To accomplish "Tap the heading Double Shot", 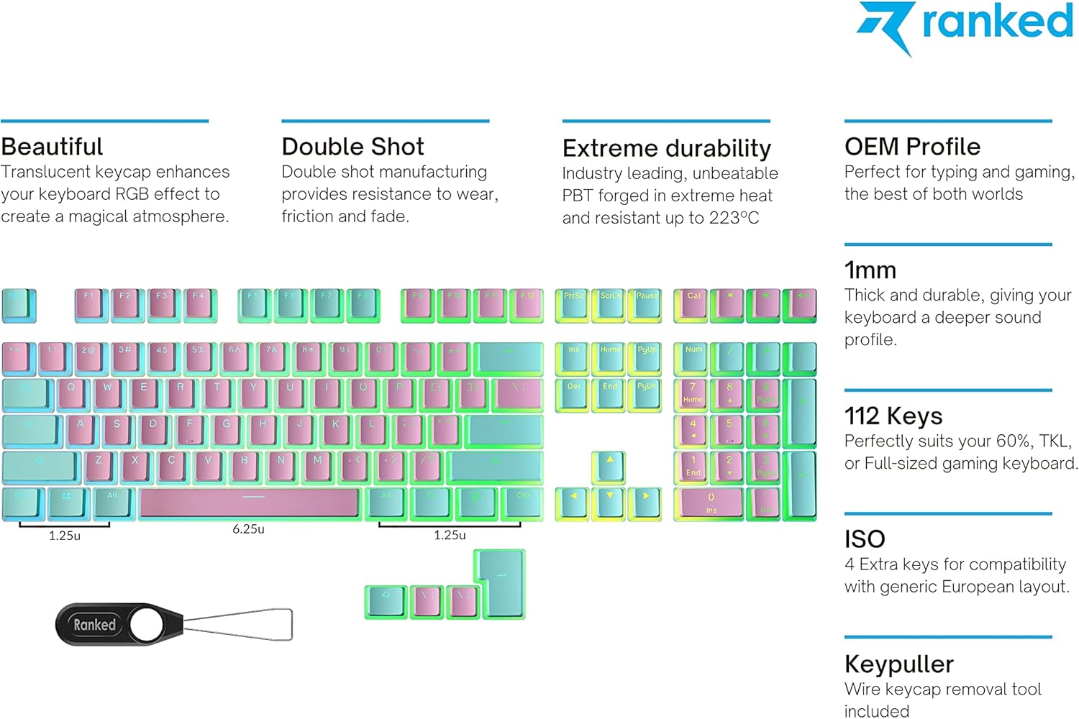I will click(352, 147).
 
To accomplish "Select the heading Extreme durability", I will click(666, 148).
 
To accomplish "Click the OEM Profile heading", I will click(912, 147).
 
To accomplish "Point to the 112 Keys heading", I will click(893, 416).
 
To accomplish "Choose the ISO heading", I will click(865, 539).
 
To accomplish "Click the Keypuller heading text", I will click(898, 664).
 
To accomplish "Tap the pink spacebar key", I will click(250, 503).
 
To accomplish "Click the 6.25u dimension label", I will click(248, 529).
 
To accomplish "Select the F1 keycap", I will click(91, 304).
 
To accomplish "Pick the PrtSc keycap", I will click(573, 304).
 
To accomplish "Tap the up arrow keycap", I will click(609, 466).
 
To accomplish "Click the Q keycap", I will click(71, 394).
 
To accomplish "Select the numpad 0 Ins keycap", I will click(711, 503).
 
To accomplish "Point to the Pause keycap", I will click(646, 304).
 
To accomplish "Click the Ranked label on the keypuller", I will click(94, 625).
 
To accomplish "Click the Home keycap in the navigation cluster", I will click(609, 357).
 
